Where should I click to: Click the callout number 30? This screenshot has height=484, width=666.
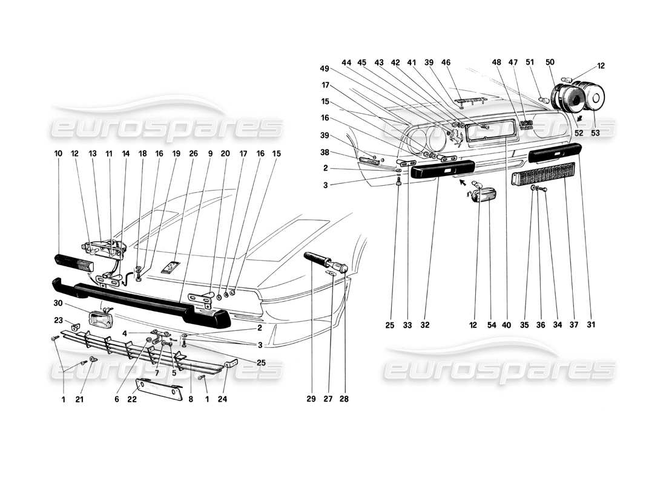coord(58,302)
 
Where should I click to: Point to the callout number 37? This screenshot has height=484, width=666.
coord(574,325)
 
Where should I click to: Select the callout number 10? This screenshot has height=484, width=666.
coord(58,154)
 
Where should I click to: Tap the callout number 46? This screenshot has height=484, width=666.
coord(463,62)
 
